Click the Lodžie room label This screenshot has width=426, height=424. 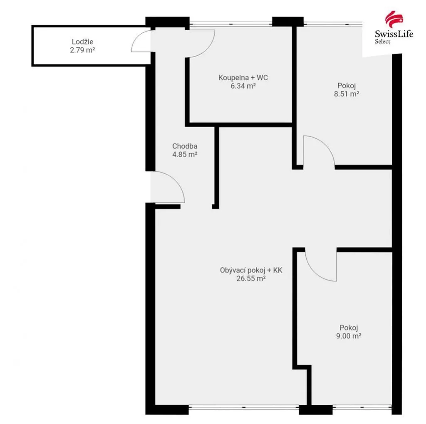tap(82, 42)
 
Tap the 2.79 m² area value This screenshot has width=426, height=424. tap(82, 50)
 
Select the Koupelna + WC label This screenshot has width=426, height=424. tap(243, 78)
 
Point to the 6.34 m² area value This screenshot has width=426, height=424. tap(243, 86)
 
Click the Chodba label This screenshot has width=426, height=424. tap(185, 146)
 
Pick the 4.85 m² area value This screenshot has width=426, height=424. tap(185, 155)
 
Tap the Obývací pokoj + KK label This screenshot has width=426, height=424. tap(251, 270)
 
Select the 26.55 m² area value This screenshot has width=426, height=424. tap(251, 279)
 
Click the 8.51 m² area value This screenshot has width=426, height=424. tap(347, 94)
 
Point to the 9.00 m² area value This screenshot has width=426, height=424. tap(349, 336)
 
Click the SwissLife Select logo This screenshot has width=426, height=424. tap(394, 27)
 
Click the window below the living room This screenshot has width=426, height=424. tap(244, 407)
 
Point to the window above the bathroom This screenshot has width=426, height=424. tap(230, 24)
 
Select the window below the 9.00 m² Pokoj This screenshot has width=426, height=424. tap(362, 407)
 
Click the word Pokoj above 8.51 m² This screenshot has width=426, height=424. tap(347, 86)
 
